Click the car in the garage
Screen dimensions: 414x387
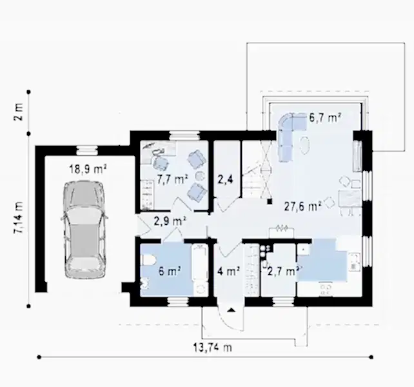(84, 229)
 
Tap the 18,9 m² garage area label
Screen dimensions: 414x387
(88, 169)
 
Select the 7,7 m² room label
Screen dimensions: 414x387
(172, 179)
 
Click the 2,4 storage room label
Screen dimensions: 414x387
(225, 179)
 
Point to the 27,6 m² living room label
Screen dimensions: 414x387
(303, 206)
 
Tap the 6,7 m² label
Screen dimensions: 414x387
(325, 117)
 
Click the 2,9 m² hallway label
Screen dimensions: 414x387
(170, 221)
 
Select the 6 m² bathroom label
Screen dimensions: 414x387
(170, 271)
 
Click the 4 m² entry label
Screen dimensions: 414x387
(229, 271)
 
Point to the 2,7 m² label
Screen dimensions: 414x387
(283, 271)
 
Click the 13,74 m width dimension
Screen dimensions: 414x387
(213, 348)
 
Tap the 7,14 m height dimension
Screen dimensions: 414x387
(19, 217)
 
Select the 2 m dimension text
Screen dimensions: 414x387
(19, 112)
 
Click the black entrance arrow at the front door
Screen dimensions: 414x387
(232, 310)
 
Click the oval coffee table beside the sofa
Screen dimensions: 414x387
(305, 145)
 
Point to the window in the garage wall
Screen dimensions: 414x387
(87, 150)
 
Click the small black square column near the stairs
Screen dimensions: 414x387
(270, 201)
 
